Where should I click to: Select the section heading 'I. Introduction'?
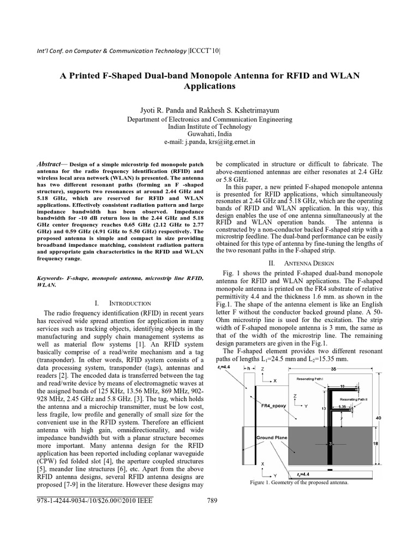click(123, 302)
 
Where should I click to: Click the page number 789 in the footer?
click(213, 501)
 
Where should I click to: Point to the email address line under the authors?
click(209, 142)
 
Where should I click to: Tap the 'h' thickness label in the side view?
click(248, 368)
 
